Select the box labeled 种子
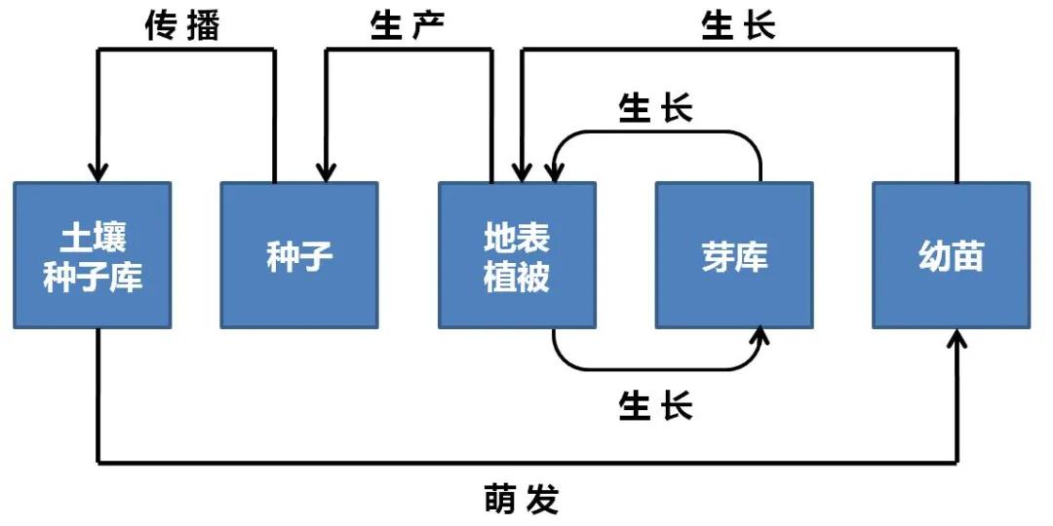coord(298,255)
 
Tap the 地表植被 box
coord(517,255)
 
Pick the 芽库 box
coord(733,255)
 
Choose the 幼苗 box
coord(951,255)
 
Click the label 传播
coord(182,26)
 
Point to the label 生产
coord(408,26)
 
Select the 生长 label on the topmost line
coord(738,26)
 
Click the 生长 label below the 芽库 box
coord(655,404)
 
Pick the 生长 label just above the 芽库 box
coord(655,109)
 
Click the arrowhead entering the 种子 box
coord(326,172)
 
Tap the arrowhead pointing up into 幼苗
coord(958,338)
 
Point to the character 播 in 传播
coord(203,26)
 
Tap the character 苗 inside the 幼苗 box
coord(968,256)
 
